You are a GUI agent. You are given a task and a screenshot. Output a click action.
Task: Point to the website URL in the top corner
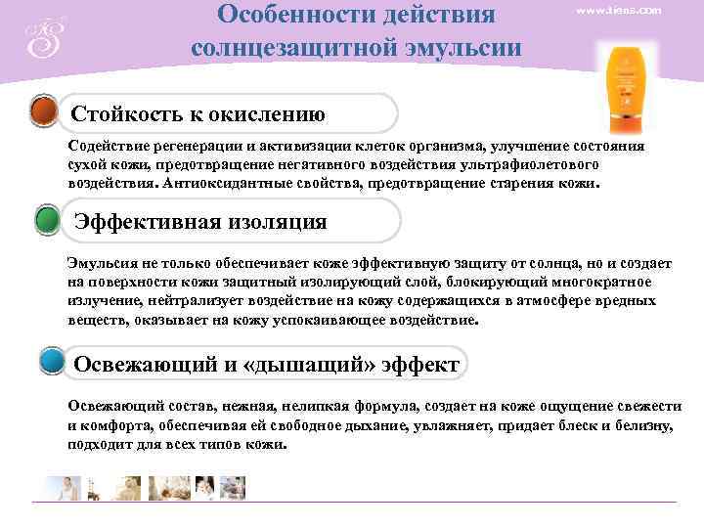619,10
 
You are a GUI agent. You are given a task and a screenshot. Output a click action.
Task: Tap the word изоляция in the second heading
279,222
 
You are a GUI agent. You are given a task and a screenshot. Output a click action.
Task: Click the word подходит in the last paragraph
98,443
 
